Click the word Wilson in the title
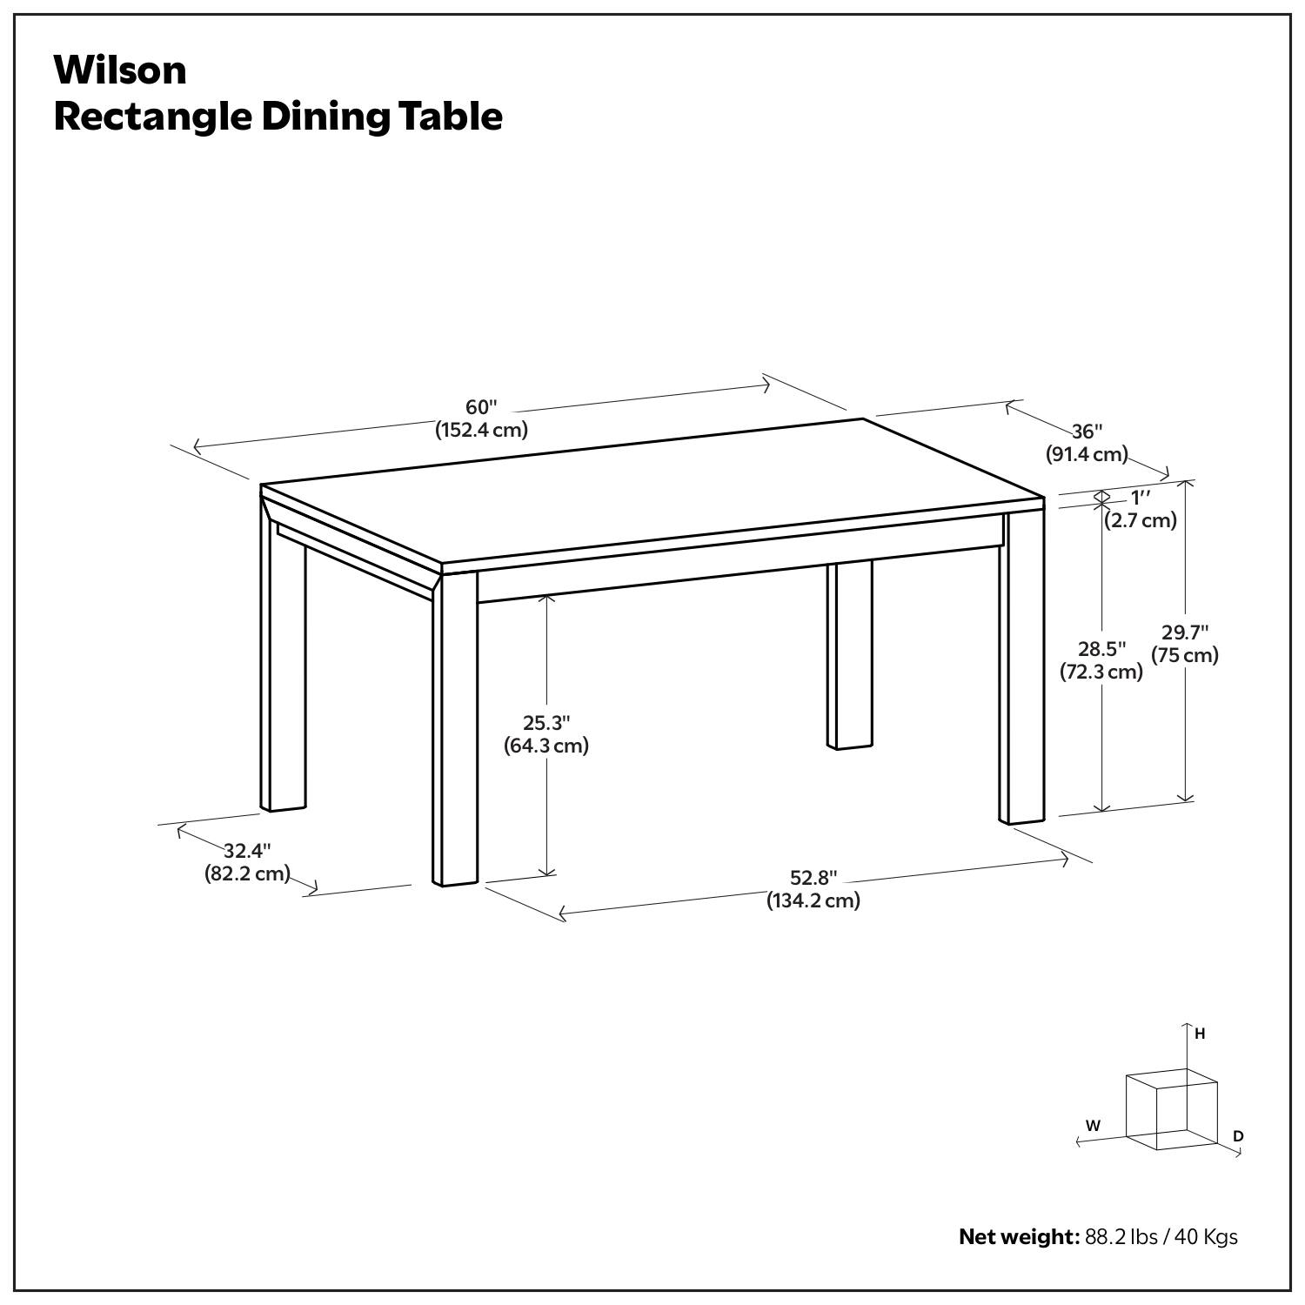pos(120,70)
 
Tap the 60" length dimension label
pos(481,407)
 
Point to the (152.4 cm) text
pos(481,430)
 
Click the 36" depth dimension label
pos(1087,432)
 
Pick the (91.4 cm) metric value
pos(1087,454)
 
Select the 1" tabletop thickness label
pos(1140,498)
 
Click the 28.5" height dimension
pos(1101,649)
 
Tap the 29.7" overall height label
pos(1185,632)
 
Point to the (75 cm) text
pos(1185,655)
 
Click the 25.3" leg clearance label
pos(546,723)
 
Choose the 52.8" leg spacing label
pos(813,878)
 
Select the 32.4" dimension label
pos(247,851)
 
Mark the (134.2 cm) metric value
pos(813,900)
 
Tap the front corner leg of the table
pos(455,731)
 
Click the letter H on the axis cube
pos(1200,1034)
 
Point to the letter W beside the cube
pos(1093,1126)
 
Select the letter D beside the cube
pos(1238,1136)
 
